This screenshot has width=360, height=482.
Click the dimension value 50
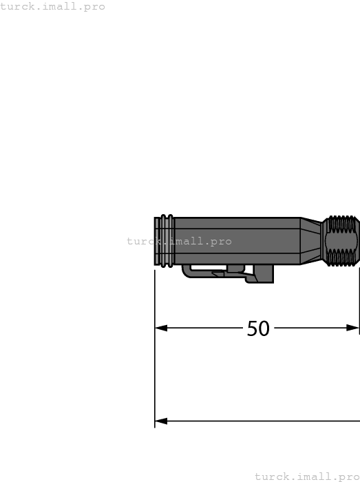(258, 328)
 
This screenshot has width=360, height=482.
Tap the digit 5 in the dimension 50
(253, 328)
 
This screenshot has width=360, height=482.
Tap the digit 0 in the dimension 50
(264, 328)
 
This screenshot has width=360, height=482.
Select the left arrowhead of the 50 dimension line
(161, 328)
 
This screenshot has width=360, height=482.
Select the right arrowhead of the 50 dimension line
(353, 328)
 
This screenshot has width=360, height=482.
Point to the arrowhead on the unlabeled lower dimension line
(161, 421)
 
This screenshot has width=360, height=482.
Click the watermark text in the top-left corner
(52, 6)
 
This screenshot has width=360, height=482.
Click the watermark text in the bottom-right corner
(307, 476)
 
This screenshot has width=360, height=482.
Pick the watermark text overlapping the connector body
(179, 241)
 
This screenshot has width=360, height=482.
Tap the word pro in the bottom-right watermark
(348, 476)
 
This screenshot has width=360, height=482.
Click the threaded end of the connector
(342, 241)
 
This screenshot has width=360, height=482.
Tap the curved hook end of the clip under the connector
(187, 273)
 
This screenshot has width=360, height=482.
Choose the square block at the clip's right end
(264, 274)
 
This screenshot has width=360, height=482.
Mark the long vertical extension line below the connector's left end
(155, 358)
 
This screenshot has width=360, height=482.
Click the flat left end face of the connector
(156, 241)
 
